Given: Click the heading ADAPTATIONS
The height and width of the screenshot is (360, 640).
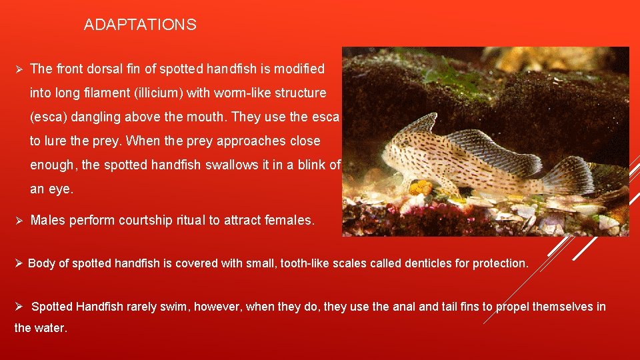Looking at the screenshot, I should click(140, 25).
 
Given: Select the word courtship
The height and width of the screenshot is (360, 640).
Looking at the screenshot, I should click(145, 220).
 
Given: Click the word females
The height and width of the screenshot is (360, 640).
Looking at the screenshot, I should click(290, 220).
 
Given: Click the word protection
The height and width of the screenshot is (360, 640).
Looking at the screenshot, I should click(500, 263).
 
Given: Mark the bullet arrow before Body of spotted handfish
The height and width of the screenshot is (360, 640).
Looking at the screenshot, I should click(19, 263).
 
